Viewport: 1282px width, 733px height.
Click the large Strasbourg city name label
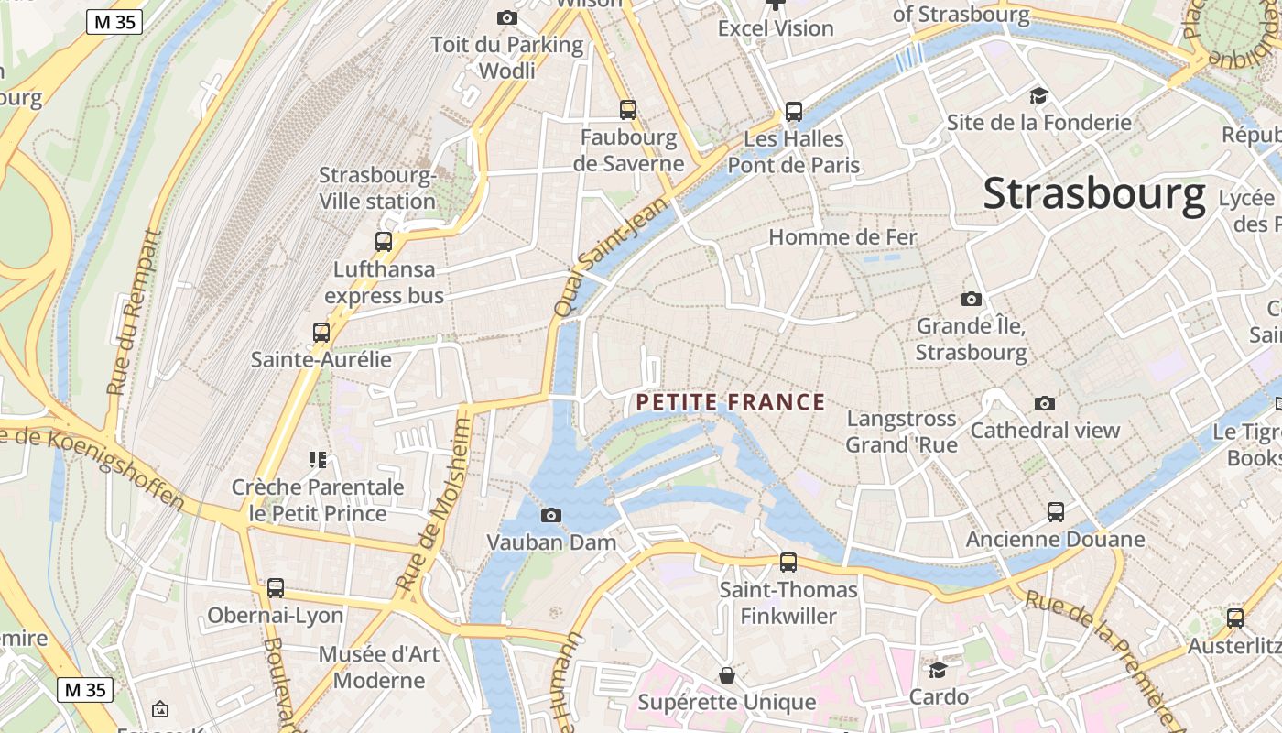(x=1094, y=194)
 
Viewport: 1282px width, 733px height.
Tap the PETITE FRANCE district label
(x=731, y=402)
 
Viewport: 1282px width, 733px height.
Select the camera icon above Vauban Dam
(x=550, y=515)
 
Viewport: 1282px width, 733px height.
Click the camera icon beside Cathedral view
(x=1044, y=403)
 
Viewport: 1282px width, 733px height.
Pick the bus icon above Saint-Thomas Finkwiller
(x=788, y=563)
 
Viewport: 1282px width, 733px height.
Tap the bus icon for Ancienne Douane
(x=1056, y=512)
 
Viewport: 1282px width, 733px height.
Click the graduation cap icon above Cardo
(x=938, y=670)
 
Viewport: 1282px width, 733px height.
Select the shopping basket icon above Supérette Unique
(x=727, y=675)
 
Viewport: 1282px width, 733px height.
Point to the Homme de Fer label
(x=842, y=237)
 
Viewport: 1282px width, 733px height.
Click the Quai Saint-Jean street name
(x=600, y=261)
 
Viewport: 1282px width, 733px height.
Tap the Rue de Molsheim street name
(x=434, y=505)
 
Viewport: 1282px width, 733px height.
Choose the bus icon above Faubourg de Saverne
(x=628, y=110)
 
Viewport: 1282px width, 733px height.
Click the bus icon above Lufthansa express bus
(x=384, y=242)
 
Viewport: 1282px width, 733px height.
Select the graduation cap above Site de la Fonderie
(x=1038, y=95)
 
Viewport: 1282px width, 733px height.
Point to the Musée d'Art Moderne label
(x=379, y=667)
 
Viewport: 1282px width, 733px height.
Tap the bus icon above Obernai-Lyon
(x=276, y=588)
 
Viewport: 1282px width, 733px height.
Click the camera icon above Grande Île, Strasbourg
(x=971, y=299)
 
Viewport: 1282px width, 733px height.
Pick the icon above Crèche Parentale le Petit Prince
(x=318, y=459)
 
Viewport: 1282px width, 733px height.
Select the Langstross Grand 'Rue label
(x=901, y=432)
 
